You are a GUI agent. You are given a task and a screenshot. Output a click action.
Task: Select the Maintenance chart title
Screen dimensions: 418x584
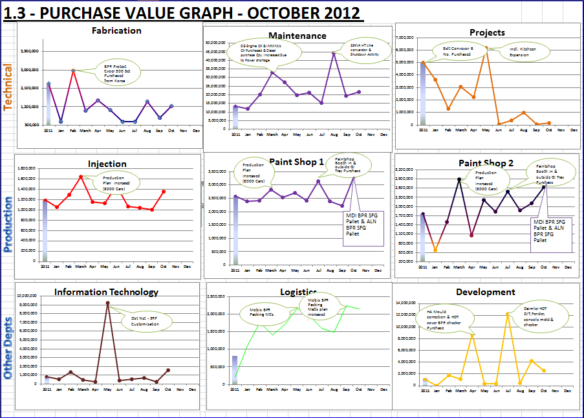[x=297, y=36]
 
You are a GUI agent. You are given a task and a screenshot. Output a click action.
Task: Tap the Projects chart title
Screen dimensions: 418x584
[x=487, y=32]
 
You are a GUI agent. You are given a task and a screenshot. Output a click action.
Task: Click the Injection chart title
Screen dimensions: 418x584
[x=107, y=164]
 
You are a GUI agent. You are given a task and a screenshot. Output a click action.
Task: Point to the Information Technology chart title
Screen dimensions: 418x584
[x=106, y=292]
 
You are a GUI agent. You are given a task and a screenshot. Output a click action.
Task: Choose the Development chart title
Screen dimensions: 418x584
[x=485, y=292]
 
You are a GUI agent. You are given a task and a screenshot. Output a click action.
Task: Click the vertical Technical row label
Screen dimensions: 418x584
[x=8, y=87]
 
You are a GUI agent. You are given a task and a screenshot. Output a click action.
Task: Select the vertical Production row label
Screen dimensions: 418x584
[x=8, y=216]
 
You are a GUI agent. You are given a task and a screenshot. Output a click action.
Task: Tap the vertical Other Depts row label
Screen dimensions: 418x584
[x=8, y=347]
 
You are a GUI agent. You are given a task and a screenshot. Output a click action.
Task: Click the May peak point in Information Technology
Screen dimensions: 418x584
[x=107, y=303]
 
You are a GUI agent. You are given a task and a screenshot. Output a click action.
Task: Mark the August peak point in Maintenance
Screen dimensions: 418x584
[x=334, y=53]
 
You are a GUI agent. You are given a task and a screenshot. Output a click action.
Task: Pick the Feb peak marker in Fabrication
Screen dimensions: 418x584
[x=73, y=71]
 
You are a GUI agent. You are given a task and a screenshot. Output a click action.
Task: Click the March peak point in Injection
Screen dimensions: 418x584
[x=81, y=177]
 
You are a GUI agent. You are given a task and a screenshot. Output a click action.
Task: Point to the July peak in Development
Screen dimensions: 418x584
[x=508, y=314]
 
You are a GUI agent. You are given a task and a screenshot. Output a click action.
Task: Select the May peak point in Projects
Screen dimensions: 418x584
[x=486, y=49]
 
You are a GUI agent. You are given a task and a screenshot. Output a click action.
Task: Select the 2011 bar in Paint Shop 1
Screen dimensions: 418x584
[x=235, y=230]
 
